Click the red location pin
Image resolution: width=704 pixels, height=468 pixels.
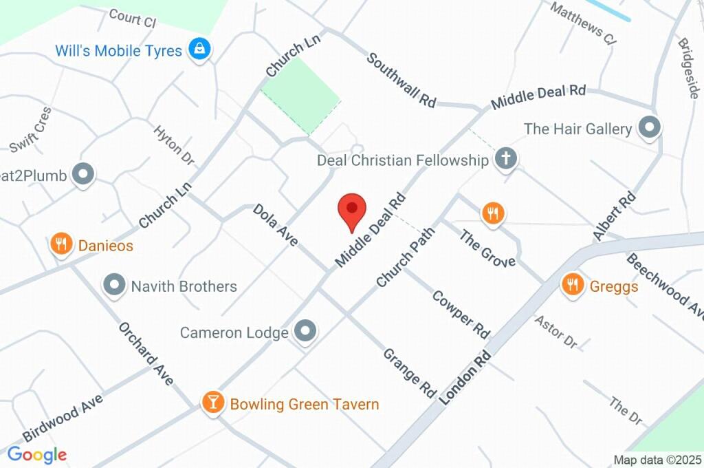coord(352,209)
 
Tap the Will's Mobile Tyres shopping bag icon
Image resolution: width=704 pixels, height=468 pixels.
coord(200,49)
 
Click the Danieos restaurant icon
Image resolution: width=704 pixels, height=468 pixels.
coord(62,244)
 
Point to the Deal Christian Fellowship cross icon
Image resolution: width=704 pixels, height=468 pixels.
coord(506,159)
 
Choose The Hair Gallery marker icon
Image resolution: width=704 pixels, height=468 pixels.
coord(649,127)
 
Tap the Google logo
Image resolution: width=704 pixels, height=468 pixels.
coord(36,454)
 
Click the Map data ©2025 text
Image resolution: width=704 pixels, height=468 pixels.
coord(657,460)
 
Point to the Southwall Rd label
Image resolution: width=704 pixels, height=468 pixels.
coord(401,80)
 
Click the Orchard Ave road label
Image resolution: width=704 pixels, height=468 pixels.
coord(145,352)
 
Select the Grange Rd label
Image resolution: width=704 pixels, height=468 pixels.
coord(410,373)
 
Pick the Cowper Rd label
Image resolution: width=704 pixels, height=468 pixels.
coord(461,314)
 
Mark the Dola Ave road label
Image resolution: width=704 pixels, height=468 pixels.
coord(275,224)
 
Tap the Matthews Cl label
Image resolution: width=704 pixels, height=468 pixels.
coord(583,23)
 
